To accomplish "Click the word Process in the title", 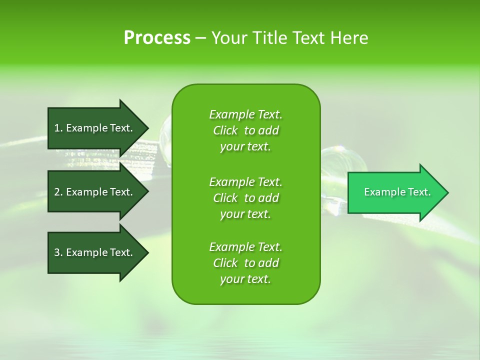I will pos(157,38).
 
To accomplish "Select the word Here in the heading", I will pos(349,38).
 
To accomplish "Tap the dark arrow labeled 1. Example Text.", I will pos(95,128).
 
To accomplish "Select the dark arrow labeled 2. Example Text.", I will pos(95,192).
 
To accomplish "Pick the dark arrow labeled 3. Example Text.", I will pos(95,252).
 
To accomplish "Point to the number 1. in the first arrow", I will pos(58,128).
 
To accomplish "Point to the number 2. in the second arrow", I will pos(58,192).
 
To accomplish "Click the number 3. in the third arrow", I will pos(58,252).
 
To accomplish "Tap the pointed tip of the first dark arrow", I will pos(146,128).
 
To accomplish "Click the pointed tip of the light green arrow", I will pos(446,192).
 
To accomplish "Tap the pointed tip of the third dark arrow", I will pos(146,252).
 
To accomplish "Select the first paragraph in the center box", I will pos(245,130).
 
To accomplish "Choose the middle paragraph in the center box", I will pos(245,198).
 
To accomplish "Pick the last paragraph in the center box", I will pos(245,263).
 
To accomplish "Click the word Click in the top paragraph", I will pos(225,130).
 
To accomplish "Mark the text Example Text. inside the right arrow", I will pos(397,192).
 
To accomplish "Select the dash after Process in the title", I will pos(200,38).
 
